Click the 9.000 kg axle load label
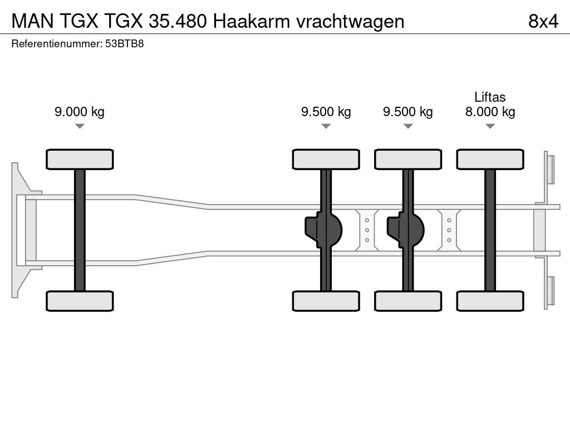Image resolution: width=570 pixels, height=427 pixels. (x=80, y=112)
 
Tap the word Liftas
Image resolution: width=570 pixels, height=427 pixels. (x=490, y=97)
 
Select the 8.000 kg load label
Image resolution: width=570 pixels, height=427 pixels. (x=490, y=112)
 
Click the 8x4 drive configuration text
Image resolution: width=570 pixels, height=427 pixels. (x=543, y=21)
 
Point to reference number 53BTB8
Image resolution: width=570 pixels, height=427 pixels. (x=125, y=43)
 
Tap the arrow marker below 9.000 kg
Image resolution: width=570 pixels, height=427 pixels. (x=80, y=127)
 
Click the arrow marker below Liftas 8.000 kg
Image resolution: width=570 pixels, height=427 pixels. (x=490, y=127)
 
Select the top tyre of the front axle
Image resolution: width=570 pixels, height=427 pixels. (x=80, y=160)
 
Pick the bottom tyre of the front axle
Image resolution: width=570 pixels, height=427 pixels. (x=80, y=301)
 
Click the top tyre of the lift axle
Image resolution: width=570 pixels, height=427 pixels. (x=490, y=160)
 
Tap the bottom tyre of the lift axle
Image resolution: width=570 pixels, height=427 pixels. (x=490, y=301)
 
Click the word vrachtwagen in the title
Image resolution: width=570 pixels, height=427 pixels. (x=351, y=21)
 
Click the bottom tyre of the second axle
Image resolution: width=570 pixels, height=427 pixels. (x=326, y=301)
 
